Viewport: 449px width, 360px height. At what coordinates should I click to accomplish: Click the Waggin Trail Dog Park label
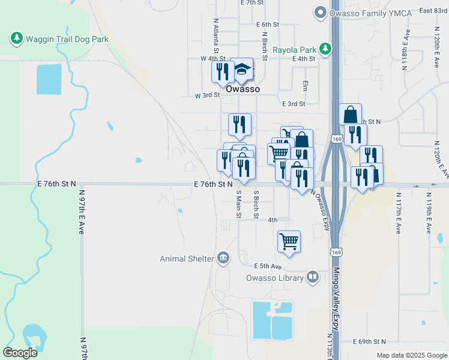coord(66,39)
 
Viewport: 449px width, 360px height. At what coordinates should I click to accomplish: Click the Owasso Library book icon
coord(312,277)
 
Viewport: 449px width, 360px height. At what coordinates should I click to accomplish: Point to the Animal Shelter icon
coord(223,258)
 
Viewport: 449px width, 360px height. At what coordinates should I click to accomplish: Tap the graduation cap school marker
coord(242,70)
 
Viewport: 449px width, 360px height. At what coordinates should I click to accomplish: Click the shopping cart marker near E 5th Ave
coord(289,242)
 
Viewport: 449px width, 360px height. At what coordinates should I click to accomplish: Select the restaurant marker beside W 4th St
coord(223,72)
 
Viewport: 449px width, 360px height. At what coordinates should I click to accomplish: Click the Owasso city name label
coord(243,89)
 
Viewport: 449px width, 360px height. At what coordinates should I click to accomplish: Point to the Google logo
coord(20,353)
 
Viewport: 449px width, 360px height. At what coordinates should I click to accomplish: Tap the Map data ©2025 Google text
coord(412,355)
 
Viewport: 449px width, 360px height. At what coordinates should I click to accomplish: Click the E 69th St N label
coord(369,341)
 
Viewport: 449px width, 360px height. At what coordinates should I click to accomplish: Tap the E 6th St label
coord(268,25)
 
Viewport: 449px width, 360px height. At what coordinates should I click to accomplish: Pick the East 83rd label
coord(433,10)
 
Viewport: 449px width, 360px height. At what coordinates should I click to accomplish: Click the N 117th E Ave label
coord(397,213)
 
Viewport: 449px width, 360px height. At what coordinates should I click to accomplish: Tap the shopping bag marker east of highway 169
coord(350,115)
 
